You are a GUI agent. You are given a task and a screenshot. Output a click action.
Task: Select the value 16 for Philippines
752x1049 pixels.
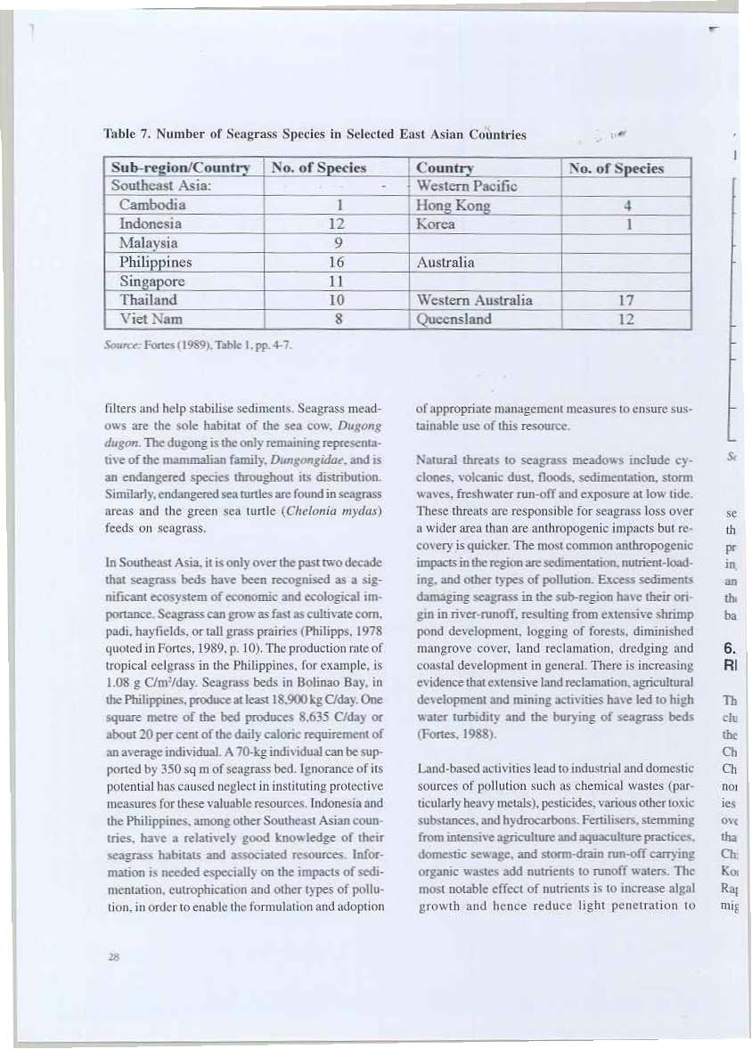(342, 263)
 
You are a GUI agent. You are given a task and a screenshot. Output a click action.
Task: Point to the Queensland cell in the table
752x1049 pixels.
(454, 320)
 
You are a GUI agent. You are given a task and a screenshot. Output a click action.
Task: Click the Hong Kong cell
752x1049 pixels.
(448, 205)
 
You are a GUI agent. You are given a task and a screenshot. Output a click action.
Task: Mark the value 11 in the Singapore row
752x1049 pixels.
(342, 281)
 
